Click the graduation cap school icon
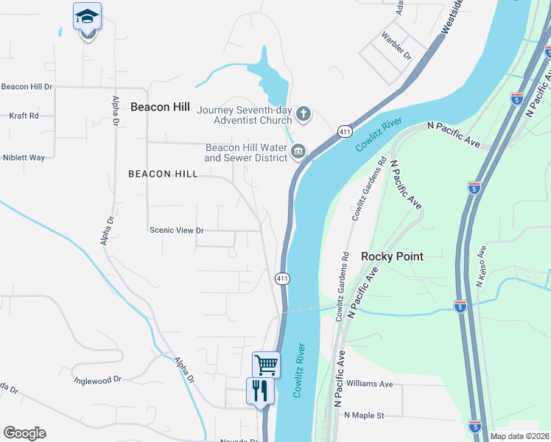click(87, 16)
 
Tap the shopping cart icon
click(266, 364)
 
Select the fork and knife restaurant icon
click(259, 390)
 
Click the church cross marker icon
click(303, 115)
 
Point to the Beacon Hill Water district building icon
click(298, 152)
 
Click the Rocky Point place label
click(392, 256)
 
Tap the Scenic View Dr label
click(176, 231)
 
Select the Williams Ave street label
click(370, 384)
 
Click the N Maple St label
click(365, 415)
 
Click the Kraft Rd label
click(24, 116)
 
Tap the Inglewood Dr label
click(97, 380)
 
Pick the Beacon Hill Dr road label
click(27, 86)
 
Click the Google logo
click(24, 432)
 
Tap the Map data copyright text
click(520, 436)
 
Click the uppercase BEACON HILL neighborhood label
click(163, 174)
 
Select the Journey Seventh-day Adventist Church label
click(245, 115)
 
